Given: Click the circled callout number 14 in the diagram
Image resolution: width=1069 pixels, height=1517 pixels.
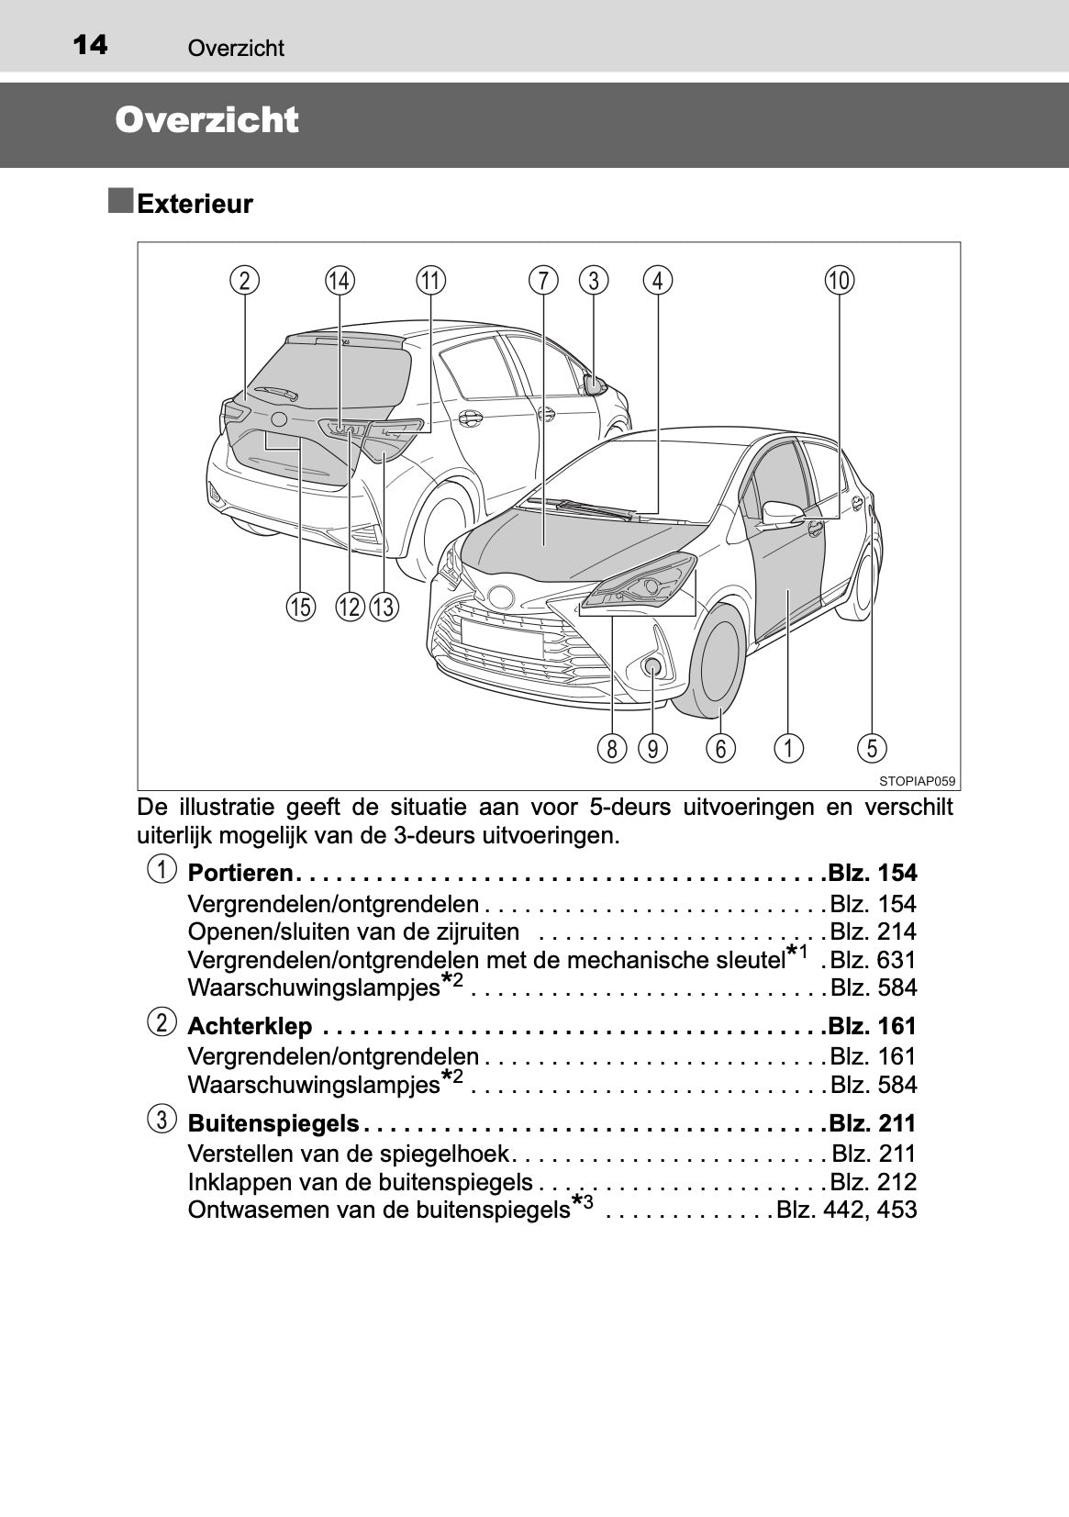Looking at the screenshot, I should point(340,280).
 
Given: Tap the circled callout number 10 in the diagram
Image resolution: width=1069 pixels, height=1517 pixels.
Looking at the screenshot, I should point(839,280).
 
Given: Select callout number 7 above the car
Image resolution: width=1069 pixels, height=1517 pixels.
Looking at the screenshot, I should point(543,280).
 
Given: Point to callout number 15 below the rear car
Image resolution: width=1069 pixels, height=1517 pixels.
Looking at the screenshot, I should point(300,607).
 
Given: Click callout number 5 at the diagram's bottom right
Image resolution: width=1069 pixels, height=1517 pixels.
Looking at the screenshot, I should point(872,748).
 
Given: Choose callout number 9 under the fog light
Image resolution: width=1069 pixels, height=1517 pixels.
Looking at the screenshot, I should point(652,749).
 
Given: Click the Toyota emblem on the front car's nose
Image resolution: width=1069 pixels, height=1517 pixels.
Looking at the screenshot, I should point(501,597).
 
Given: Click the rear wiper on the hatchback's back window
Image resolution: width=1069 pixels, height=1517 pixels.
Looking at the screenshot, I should point(275,394).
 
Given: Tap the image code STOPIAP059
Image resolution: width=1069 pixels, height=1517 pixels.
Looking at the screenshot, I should point(917,781).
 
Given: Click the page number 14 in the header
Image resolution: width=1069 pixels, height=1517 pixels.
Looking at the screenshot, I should point(90,44).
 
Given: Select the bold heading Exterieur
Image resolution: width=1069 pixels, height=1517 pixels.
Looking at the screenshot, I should point(195,204).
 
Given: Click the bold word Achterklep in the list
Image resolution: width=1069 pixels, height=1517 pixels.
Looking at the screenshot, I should point(250,1026).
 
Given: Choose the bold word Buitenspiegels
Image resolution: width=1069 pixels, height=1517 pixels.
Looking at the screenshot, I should point(273,1123).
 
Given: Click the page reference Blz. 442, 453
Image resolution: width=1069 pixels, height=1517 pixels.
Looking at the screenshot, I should point(846,1210).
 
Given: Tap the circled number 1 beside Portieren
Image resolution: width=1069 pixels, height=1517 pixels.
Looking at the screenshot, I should point(161,869).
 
